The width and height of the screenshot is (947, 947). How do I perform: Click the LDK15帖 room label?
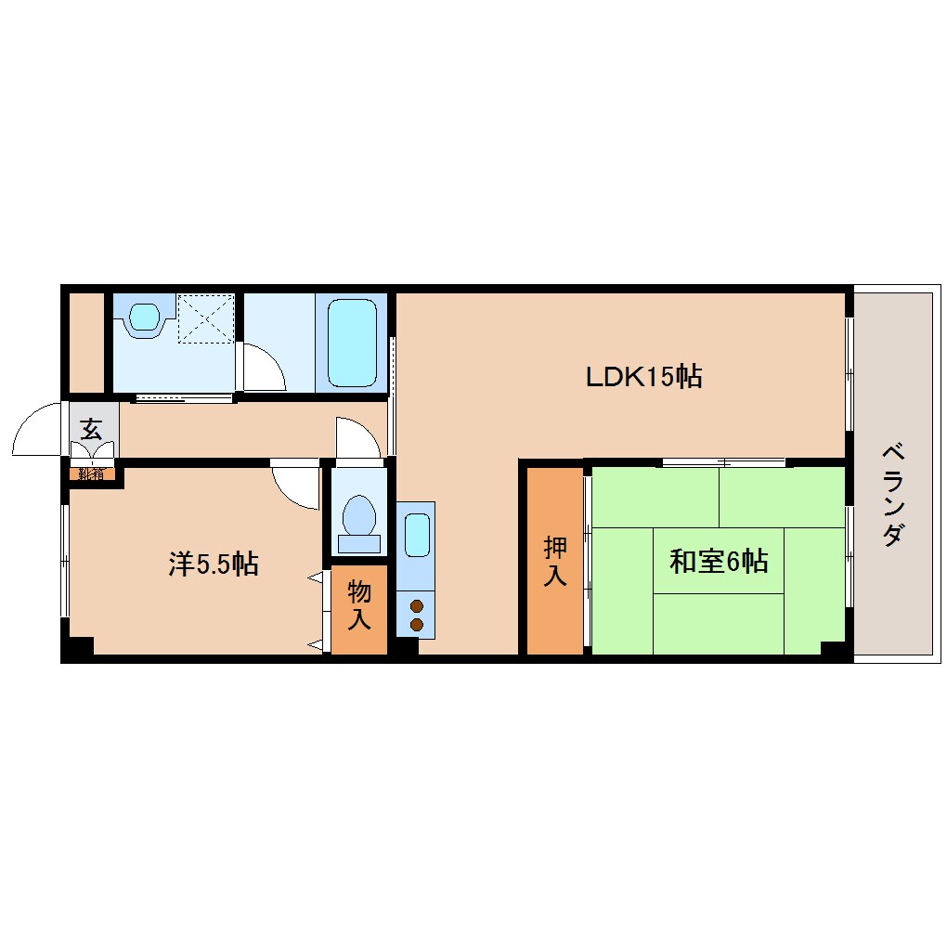pyautogui.click(x=643, y=377)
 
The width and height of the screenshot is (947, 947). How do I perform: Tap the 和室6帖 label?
pyautogui.click(x=719, y=561)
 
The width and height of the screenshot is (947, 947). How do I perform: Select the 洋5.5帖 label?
pyautogui.click(x=214, y=564)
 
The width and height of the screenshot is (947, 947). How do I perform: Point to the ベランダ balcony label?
pyautogui.click(x=893, y=495)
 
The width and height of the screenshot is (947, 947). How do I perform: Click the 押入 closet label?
pyautogui.click(x=555, y=561)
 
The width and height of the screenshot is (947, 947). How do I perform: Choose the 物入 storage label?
pyautogui.click(x=358, y=604)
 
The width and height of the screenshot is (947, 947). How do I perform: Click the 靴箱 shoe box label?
pyautogui.click(x=91, y=473)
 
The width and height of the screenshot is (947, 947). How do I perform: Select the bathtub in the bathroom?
pyautogui.click(x=352, y=343)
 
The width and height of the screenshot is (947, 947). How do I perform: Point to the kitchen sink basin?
pyautogui.click(x=418, y=535)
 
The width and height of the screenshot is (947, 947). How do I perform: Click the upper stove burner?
pyautogui.click(x=417, y=605)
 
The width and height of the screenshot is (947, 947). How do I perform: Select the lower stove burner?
pyautogui.click(x=417, y=625)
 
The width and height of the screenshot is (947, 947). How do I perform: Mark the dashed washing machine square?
pyautogui.click(x=206, y=318)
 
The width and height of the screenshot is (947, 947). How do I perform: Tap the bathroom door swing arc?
pyautogui.click(x=275, y=358)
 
